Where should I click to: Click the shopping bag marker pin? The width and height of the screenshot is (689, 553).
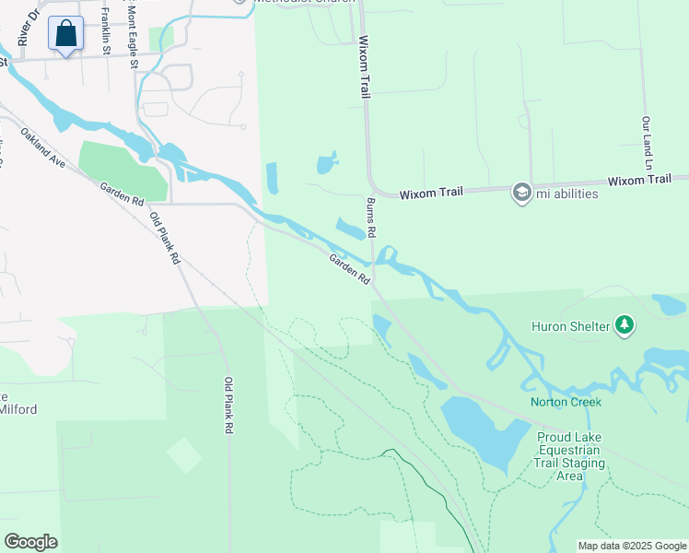pos(65,34)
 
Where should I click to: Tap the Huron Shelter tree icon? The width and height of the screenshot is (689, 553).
pos(625,324)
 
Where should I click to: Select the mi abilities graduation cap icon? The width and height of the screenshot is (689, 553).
pos(522,193)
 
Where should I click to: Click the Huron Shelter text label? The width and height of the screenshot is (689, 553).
pos(570,325)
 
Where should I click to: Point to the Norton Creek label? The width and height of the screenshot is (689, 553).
pos(566,402)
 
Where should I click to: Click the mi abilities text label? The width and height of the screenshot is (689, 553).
pos(567,194)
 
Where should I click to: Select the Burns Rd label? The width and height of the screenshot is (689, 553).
pos(371,217)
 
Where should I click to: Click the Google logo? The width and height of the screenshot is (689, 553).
pos(30,542)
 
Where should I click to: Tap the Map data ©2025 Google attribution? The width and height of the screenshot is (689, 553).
pos(632,546)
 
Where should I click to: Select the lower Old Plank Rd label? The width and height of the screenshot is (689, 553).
pos(228,406)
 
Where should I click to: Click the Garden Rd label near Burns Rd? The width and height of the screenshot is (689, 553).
pos(350,268)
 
